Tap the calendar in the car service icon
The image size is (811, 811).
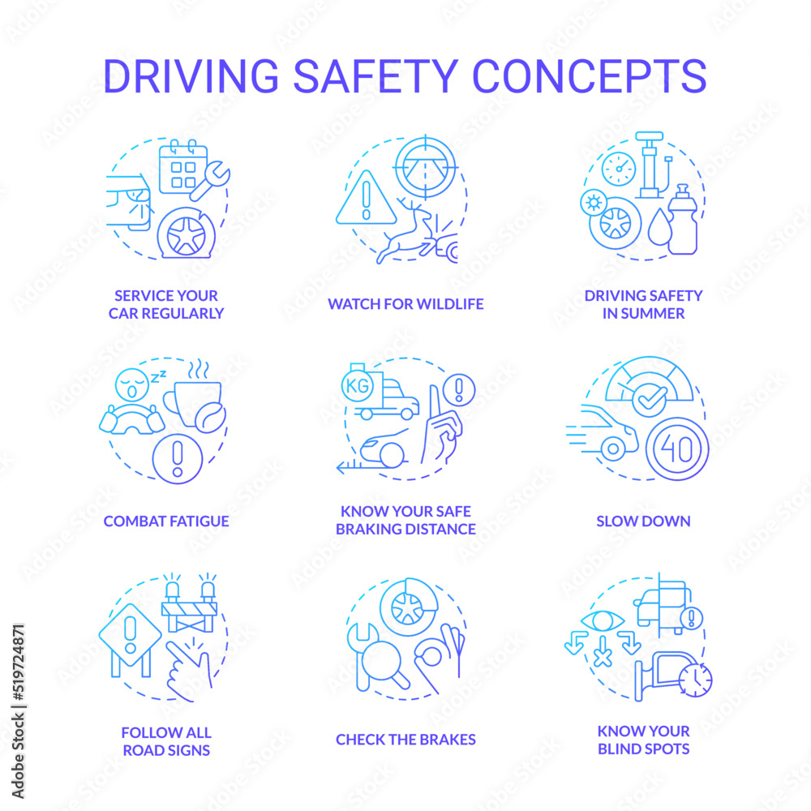(x=183, y=167)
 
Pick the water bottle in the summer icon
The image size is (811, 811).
(x=683, y=219)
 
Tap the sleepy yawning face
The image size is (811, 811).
(x=132, y=384)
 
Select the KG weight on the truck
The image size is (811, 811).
(x=358, y=384)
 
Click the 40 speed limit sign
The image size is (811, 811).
(x=677, y=449)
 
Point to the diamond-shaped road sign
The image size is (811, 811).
(x=131, y=635)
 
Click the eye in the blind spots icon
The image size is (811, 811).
(x=603, y=620)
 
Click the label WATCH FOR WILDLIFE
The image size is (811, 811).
(x=405, y=304)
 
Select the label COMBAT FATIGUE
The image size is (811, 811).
(x=166, y=521)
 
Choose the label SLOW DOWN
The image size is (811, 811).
(x=643, y=521)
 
